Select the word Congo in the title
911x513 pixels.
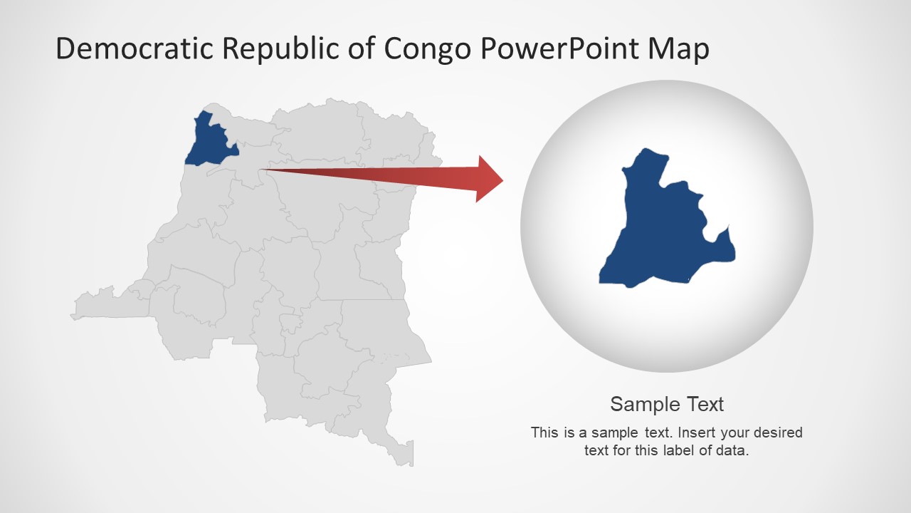tap(427, 48)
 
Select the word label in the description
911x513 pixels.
tap(657, 450)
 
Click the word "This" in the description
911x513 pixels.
tap(544, 432)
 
